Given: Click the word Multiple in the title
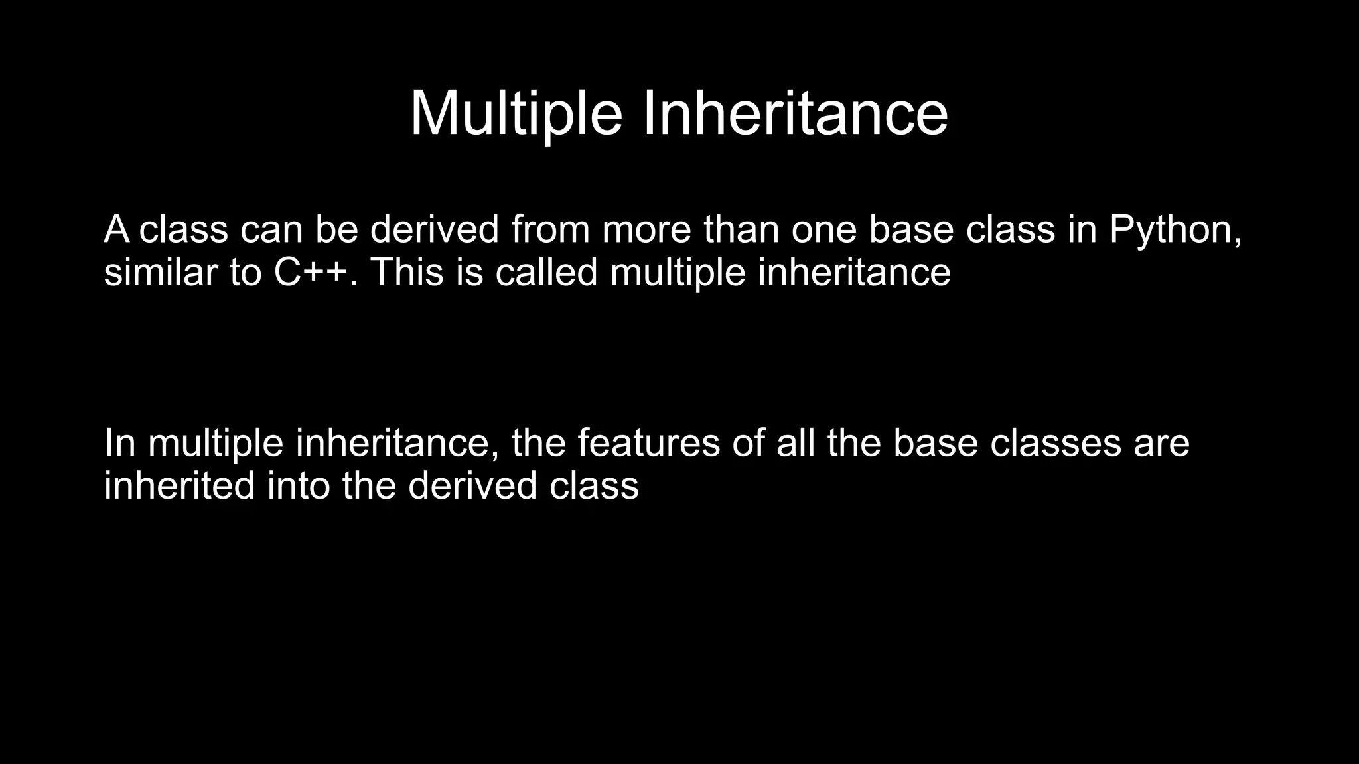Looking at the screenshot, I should click(x=516, y=114).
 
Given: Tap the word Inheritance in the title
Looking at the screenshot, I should click(x=796, y=114).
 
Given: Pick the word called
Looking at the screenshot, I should click(x=546, y=272).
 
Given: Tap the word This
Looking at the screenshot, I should click(x=406, y=272).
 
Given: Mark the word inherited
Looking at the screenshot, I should click(x=179, y=485).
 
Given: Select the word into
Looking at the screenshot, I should click(x=299, y=485).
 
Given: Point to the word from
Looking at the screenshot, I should click(x=550, y=229).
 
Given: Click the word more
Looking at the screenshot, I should click(x=646, y=229).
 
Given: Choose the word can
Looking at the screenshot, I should click(x=271, y=229).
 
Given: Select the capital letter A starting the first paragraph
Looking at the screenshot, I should click(x=117, y=229).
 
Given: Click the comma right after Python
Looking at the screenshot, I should click(x=1237, y=240).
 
